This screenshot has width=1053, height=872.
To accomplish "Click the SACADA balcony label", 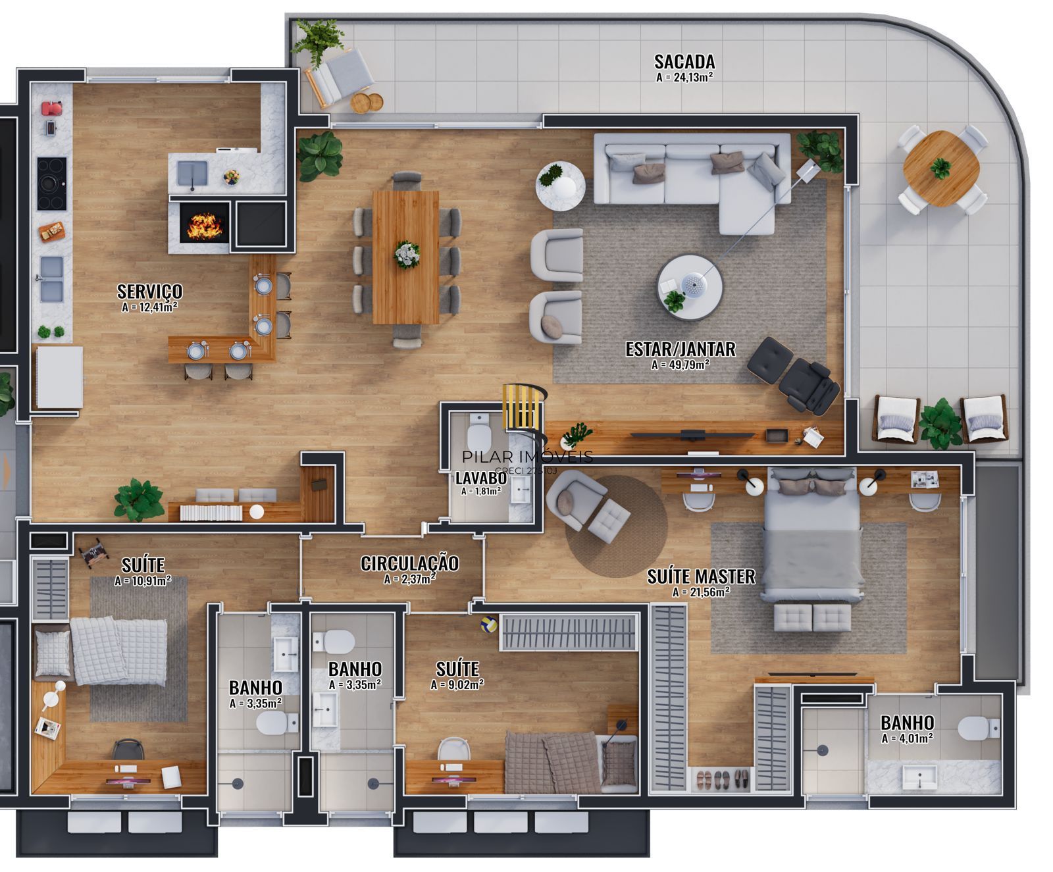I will [684, 62].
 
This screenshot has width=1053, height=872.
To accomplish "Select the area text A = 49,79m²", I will [680, 364].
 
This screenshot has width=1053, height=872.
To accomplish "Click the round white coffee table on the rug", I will [690, 287].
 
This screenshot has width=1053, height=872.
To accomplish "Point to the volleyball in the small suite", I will [487, 623].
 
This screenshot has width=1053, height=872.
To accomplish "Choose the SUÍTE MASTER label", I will [701, 577].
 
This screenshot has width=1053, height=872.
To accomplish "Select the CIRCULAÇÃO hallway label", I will [409, 563].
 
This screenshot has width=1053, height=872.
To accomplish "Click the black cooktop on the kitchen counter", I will [52, 184].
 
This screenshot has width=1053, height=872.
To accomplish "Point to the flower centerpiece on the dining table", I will [406, 255].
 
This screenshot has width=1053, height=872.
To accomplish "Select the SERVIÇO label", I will [149, 291].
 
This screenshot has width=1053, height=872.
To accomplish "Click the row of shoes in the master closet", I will [723, 780].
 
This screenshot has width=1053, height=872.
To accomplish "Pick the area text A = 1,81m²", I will [480, 491].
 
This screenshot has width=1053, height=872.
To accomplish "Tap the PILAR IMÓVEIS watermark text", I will [527, 456].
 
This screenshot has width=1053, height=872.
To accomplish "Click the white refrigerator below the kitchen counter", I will [59, 376].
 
